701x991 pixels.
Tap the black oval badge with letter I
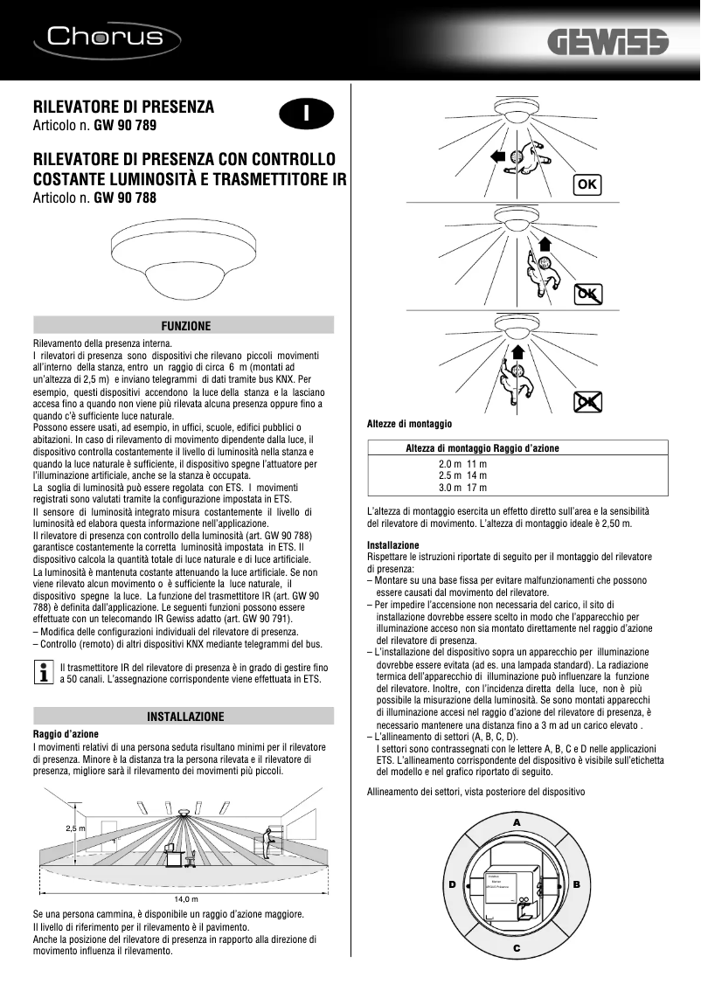click(x=306, y=114)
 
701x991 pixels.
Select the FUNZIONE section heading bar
click(x=184, y=325)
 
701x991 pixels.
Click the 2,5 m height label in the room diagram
click(x=76, y=828)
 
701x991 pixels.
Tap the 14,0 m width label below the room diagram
click(x=186, y=898)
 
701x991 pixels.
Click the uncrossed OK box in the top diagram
click(x=587, y=184)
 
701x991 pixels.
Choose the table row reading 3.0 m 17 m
click(x=462, y=487)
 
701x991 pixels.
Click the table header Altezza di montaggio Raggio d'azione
click(x=482, y=447)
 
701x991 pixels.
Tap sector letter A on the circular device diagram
click(x=517, y=823)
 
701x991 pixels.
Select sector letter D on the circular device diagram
click(x=453, y=884)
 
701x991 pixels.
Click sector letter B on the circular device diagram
click(x=577, y=884)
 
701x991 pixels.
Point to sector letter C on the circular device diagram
click(x=517, y=947)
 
